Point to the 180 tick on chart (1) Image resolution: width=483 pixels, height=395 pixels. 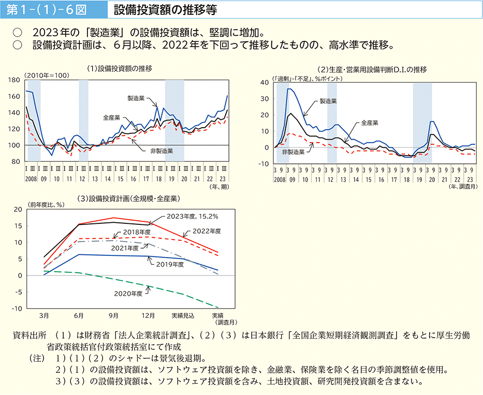[14, 80]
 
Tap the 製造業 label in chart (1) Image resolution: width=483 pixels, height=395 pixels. [136, 97]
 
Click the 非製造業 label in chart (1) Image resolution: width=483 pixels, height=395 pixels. [161, 151]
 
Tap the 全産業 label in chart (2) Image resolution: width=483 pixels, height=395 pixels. [370, 123]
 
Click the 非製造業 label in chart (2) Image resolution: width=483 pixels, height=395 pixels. [294, 153]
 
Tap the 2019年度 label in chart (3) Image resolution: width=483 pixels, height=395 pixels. [170, 265]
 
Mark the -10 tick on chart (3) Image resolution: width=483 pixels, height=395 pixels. [17, 309]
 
